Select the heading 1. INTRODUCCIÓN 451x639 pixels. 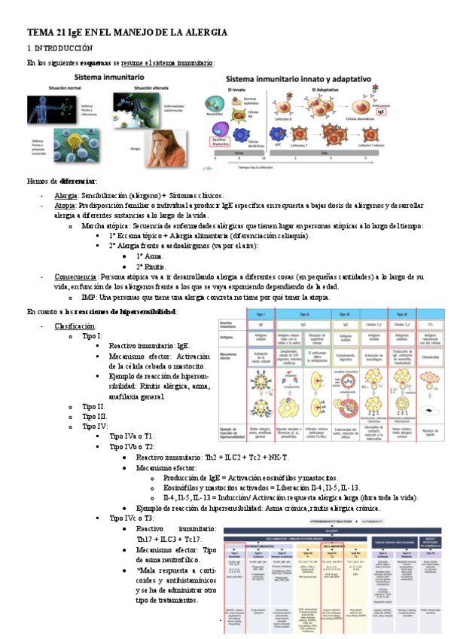pyautogui.click(x=60, y=47)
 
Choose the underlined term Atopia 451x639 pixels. pyautogui.click(x=65, y=205)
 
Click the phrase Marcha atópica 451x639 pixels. pyautogui.click(x=105, y=225)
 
